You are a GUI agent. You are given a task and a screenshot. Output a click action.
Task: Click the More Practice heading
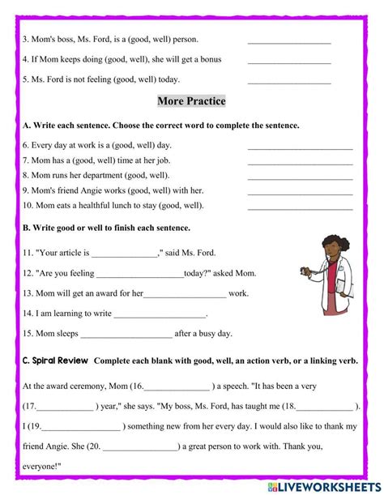pyautogui.click(x=191, y=101)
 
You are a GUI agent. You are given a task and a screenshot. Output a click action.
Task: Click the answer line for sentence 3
pyautogui.click(x=289, y=41)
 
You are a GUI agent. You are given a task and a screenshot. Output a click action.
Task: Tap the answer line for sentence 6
pyautogui.click(x=300, y=148)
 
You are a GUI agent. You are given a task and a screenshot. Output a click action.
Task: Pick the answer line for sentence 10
pyautogui.click(x=300, y=207)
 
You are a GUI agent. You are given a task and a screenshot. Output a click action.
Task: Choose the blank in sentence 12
pyautogui.click(x=140, y=274)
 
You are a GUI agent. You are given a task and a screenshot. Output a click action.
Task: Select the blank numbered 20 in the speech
pyautogui.click(x=141, y=446)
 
